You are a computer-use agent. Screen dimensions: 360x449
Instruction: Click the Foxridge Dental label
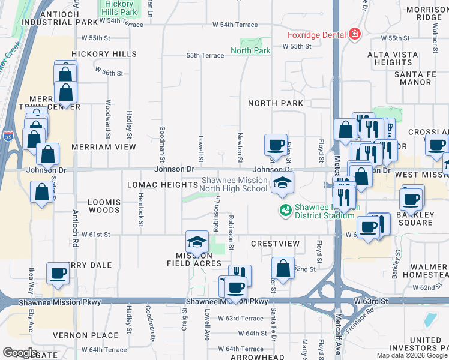coord(318,34)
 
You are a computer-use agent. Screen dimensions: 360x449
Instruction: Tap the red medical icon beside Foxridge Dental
coord(355,34)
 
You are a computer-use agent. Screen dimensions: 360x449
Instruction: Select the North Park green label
coord(250,50)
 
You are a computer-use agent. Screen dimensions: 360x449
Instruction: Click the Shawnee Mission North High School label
coord(234,184)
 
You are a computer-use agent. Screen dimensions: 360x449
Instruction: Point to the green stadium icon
coord(285,210)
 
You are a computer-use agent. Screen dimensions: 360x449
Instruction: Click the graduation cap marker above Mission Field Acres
coord(197,242)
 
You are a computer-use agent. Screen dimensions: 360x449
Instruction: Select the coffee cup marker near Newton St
coord(276,145)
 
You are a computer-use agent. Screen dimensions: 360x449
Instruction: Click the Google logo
coord(20,353)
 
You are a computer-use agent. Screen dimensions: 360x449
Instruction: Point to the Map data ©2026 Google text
coord(412,355)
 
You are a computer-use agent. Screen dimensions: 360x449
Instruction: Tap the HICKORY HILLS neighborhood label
coord(104,54)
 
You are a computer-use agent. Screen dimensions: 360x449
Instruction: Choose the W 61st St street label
coord(92,234)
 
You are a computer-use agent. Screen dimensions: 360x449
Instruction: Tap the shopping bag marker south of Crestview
coord(283,268)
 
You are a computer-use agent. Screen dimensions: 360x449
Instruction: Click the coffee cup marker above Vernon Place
coord(58,273)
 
